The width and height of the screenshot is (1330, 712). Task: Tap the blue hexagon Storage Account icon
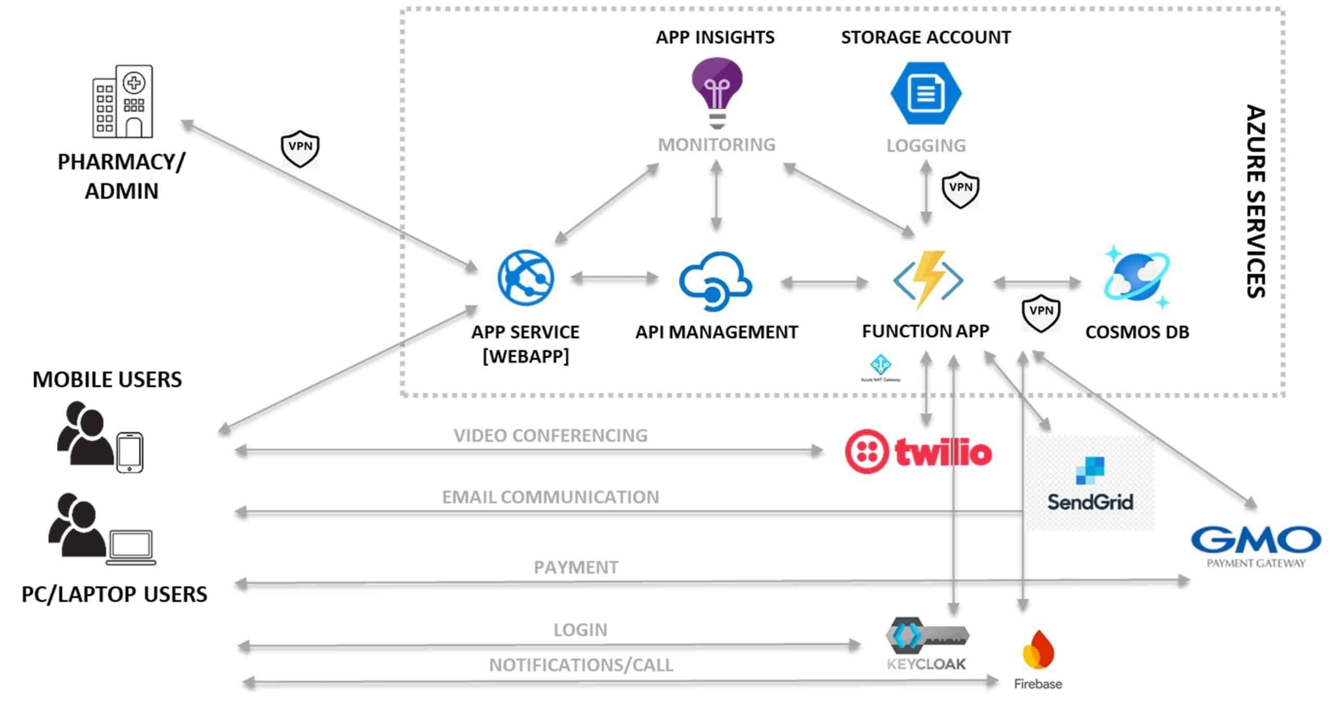tap(926, 93)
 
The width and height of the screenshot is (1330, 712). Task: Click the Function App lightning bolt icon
tap(928, 280)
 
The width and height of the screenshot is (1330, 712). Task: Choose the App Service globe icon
tap(526, 277)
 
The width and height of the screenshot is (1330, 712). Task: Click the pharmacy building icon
tap(123, 101)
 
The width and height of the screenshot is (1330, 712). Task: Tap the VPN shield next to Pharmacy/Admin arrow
tap(300, 149)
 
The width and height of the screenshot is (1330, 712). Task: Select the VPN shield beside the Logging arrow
tap(961, 190)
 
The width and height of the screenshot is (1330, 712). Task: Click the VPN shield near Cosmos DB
tap(1041, 313)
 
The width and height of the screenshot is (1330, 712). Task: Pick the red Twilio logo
tap(918, 452)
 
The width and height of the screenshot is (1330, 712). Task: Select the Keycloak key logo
tap(927, 636)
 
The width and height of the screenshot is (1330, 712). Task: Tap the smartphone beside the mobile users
tap(129, 452)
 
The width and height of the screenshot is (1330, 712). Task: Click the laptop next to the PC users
tap(131, 547)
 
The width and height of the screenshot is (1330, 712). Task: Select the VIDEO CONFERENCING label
tap(551, 435)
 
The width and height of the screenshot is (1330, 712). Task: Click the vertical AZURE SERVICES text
tap(1256, 201)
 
